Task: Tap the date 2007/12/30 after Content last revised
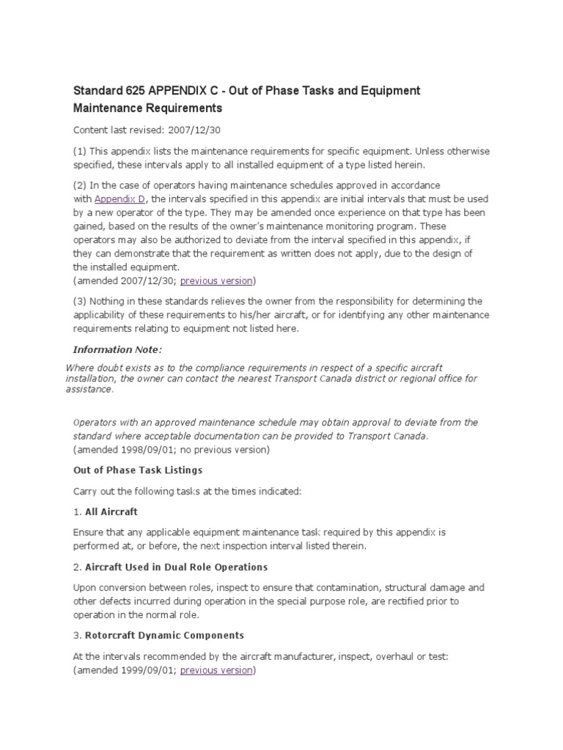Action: [x=188, y=130]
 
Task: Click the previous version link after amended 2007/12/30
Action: [x=216, y=281]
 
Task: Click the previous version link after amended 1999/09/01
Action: [x=216, y=670]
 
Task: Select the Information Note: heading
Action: [x=117, y=349]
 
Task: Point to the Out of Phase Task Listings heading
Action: [x=138, y=469]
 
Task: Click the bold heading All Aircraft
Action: [x=111, y=511]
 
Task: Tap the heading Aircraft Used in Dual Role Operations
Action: [x=176, y=567]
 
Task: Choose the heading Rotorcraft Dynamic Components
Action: [x=164, y=635]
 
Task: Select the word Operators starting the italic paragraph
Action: [x=95, y=423]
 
